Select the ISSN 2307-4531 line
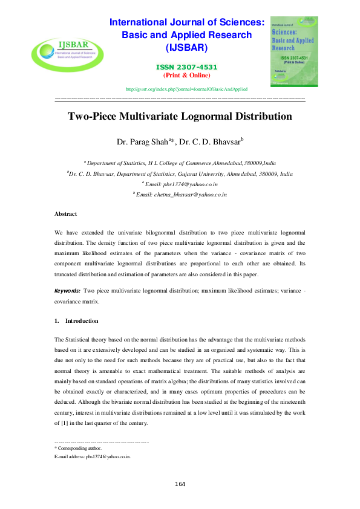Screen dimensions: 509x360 coord(186,66)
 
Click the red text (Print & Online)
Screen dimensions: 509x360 coord(186,75)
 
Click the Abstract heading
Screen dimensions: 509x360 coord(65,214)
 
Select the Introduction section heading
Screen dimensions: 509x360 coord(82,320)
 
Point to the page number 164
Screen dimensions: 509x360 coord(180,484)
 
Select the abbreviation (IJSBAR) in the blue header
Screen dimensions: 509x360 coord(186,47)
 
